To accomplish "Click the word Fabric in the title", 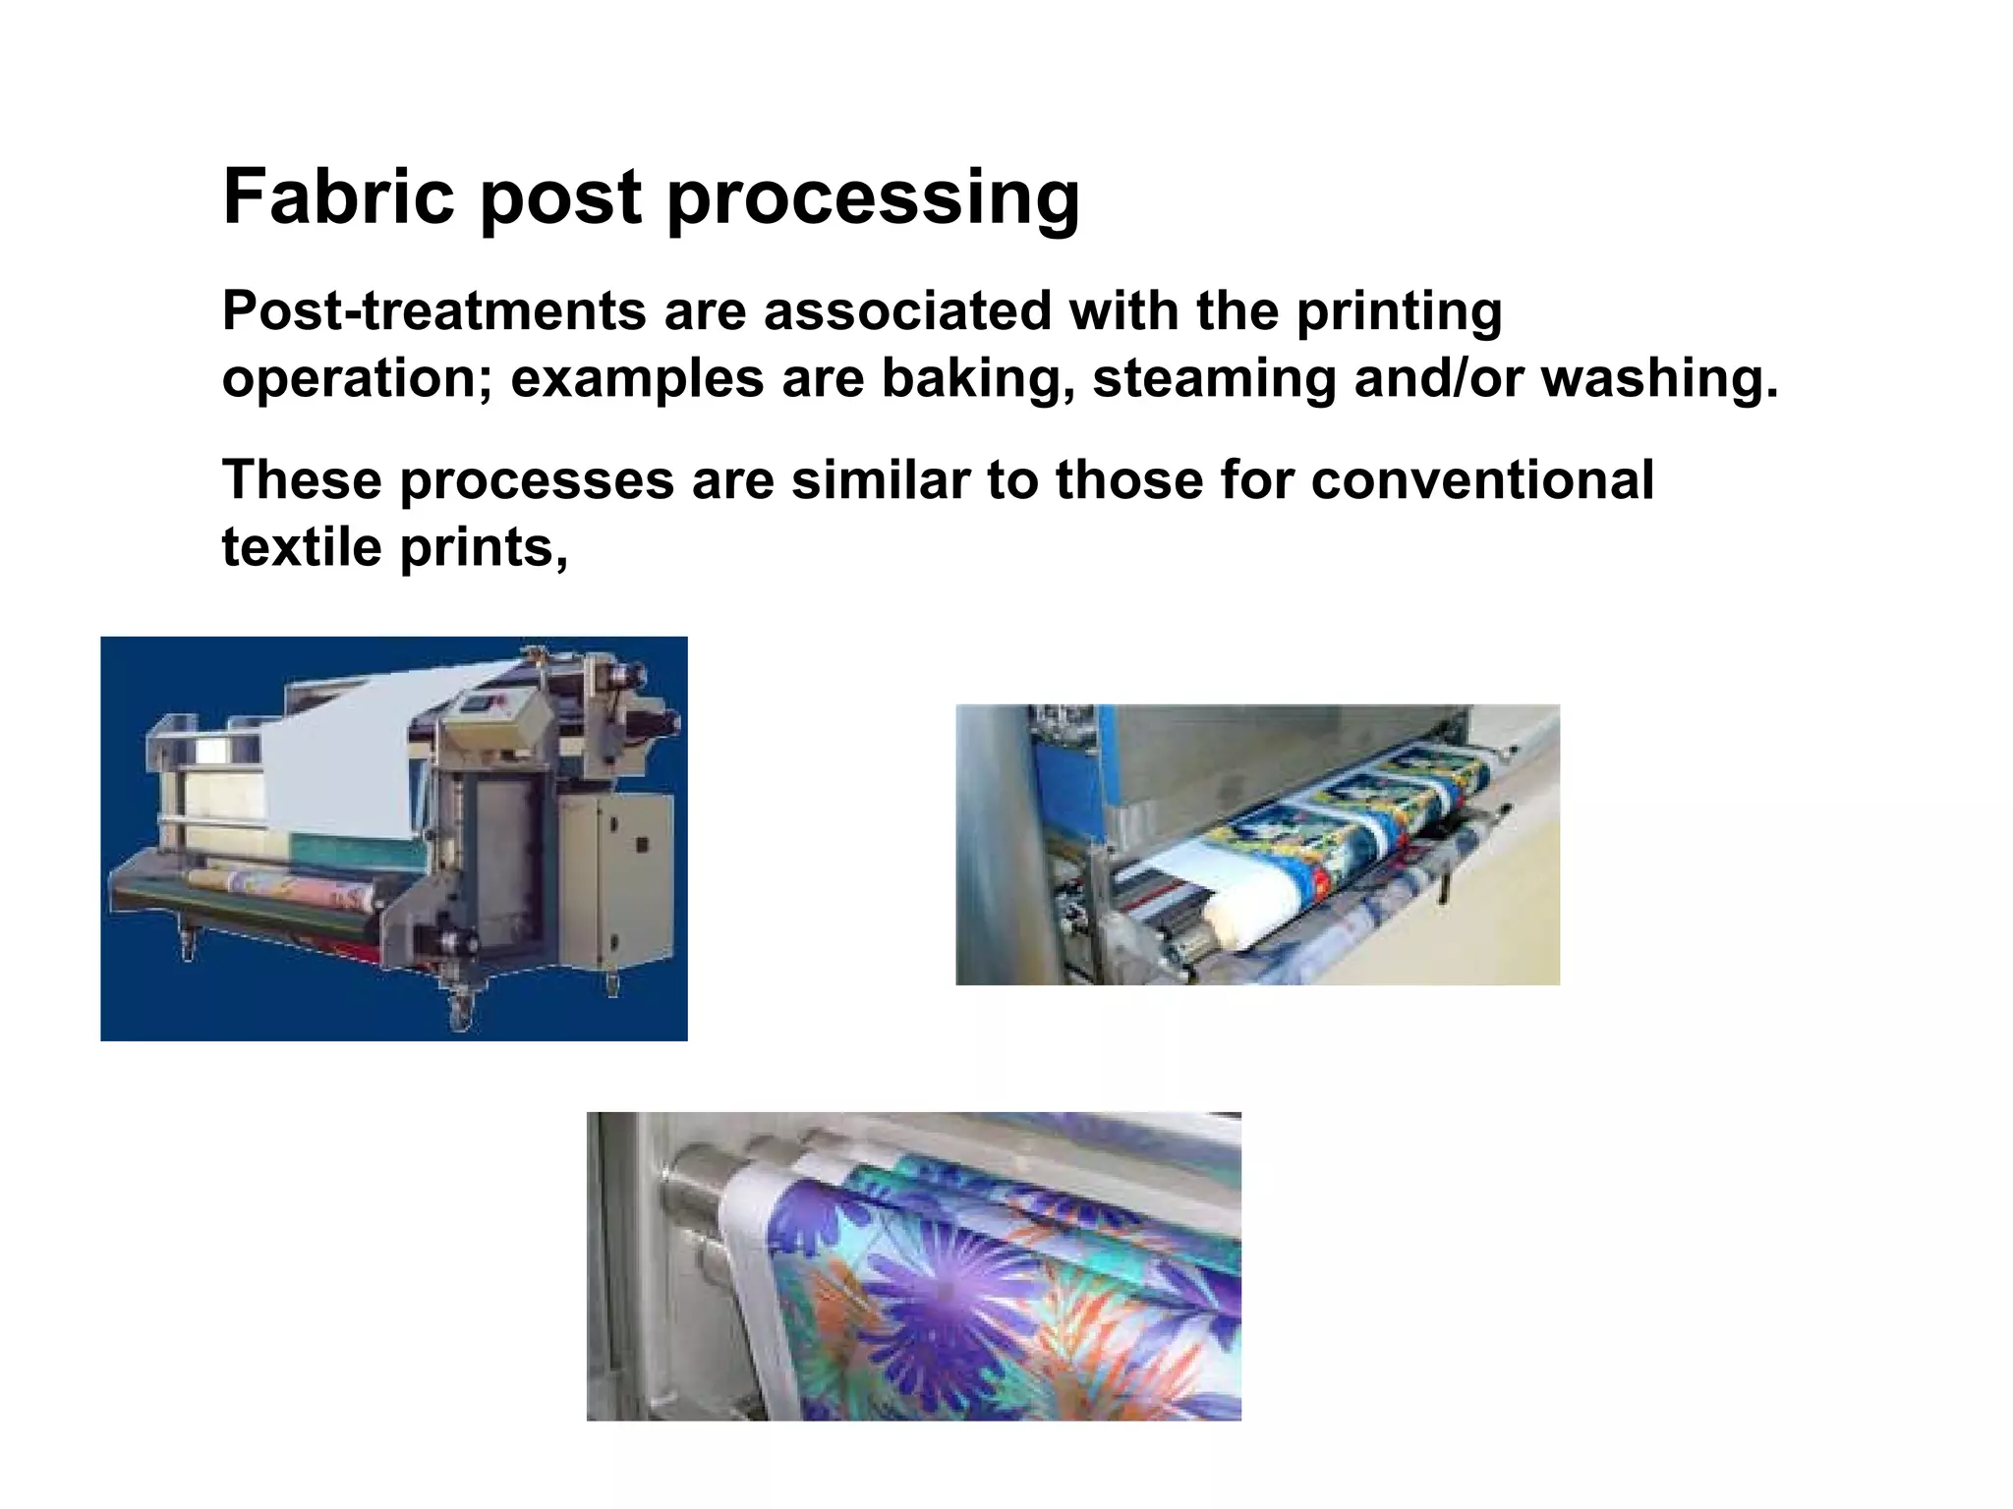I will click(x=338, y=196).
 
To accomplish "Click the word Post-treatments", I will click(x=433, y=311).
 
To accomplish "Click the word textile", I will click(x=301, y=547).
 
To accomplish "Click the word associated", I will click(x=906, y=311).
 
